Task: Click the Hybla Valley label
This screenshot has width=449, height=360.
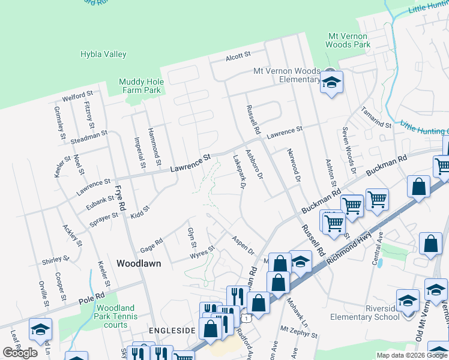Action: [103, 55]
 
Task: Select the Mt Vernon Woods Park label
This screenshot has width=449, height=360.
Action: [348, 40]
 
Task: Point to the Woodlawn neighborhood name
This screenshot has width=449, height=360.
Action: [138, 263]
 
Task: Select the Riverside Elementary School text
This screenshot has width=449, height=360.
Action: [364, 313]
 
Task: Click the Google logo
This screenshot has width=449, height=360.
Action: [20, 353]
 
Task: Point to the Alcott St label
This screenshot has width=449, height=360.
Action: [238, 56]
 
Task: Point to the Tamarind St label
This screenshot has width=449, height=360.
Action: [376, 117]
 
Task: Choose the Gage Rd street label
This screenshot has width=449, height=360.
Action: [151, 244]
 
